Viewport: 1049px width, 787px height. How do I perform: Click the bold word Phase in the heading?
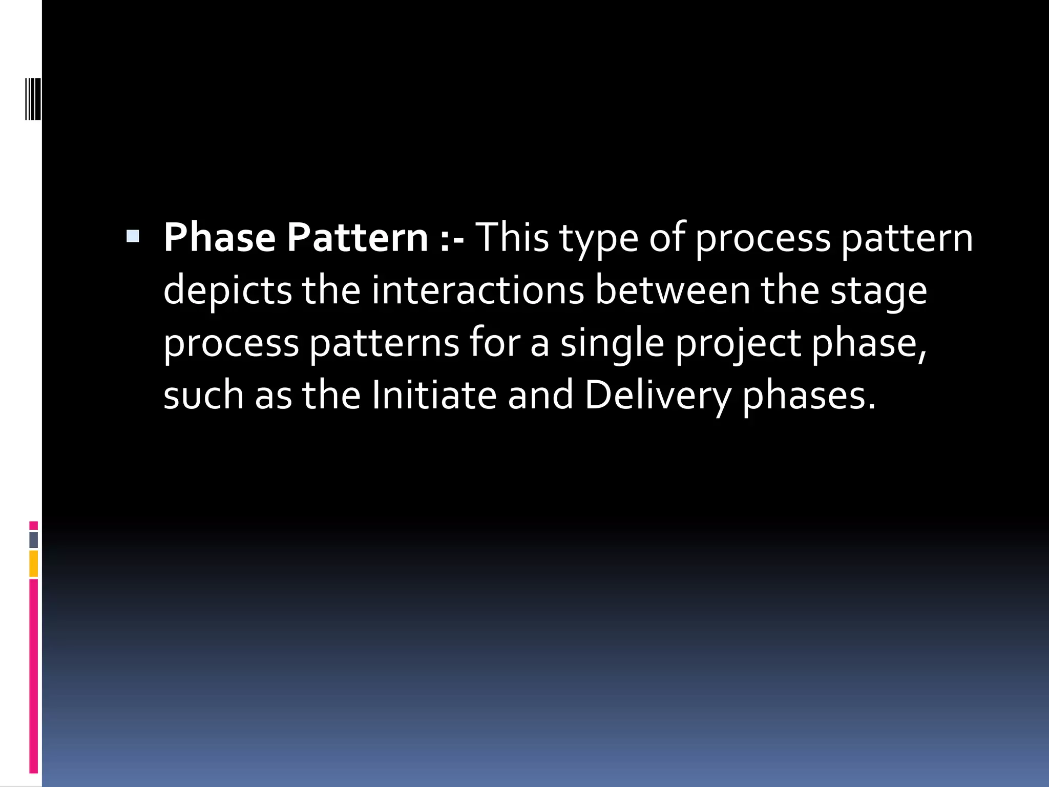pos(219,238)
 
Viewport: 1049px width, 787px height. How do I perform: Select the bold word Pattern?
pos(357,238)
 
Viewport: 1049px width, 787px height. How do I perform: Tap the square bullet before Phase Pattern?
pos(133,236)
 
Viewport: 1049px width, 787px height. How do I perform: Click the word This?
pos(512,238)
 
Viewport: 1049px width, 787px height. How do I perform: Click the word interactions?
pos(477,290)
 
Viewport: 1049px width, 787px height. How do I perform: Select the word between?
pos(672,290)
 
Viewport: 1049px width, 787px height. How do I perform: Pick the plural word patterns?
pos(384,343)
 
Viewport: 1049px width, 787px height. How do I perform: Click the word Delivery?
pos(658,396)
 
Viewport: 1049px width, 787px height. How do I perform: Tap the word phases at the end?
pos(809,396)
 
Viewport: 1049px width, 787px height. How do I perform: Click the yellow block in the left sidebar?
pos(34,564)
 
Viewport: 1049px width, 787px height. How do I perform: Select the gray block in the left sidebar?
pos(34,540)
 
